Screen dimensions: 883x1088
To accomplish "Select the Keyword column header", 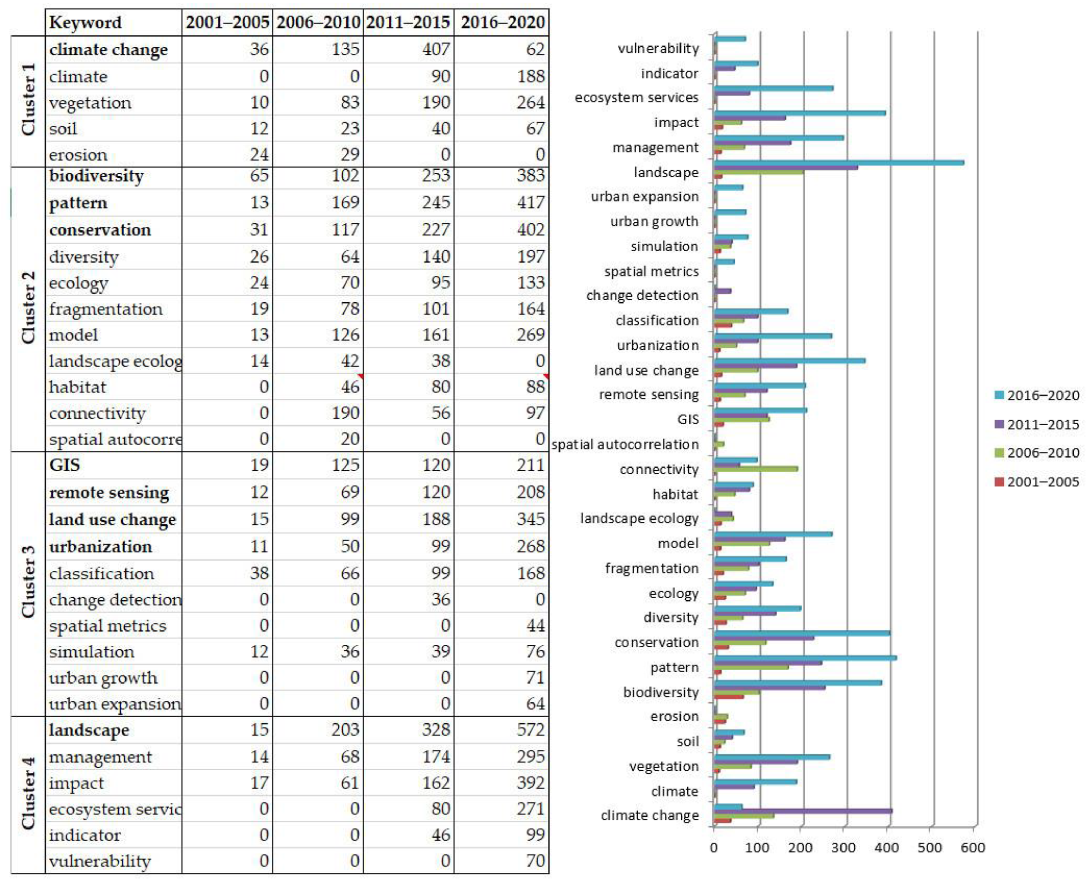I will click(85, 22).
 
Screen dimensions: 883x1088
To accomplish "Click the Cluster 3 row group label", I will click(28, 582).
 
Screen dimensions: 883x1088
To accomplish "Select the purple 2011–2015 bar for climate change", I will click(803, 811).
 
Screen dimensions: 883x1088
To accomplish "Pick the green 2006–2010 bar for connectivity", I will click(756, 469).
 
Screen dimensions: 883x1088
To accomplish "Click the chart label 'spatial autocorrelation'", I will click(625, 444).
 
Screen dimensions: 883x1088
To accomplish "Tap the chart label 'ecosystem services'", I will click(637, 97).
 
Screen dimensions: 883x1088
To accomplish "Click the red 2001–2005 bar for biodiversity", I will click(729, 696).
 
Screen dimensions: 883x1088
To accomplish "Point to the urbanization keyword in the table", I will click(100, 546).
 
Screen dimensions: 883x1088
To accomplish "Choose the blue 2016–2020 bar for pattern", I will click(805, 658).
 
